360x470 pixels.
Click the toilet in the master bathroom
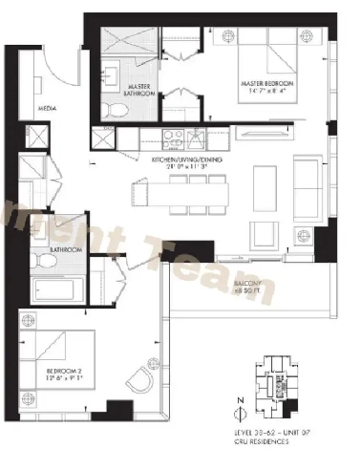click(x=115, y=108)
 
